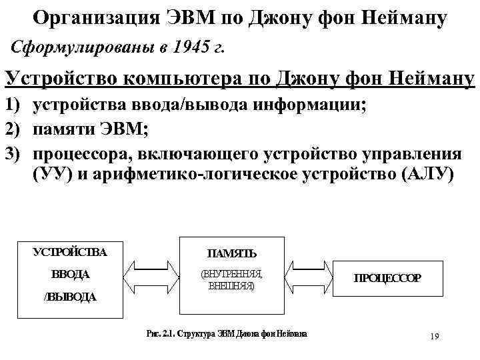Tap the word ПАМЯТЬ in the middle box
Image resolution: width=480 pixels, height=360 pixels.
click(x=231, y=253)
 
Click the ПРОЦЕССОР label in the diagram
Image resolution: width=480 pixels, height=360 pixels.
click(x=387, y=278)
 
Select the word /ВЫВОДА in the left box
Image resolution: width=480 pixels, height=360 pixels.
click(x=70, y=297)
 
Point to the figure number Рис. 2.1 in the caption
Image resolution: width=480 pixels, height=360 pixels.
click(x=165, y=334)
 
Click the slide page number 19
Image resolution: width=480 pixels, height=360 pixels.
click(x=434, y=336)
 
